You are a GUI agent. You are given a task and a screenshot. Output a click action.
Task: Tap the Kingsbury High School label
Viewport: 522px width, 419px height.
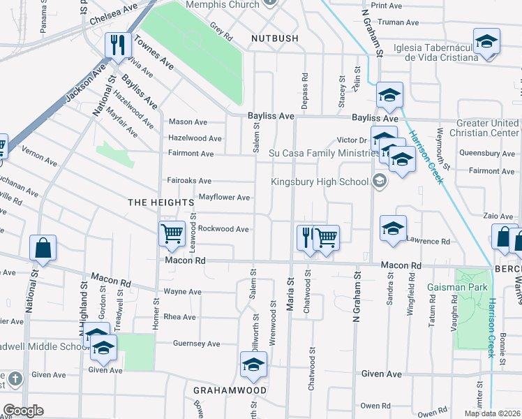(320, 182)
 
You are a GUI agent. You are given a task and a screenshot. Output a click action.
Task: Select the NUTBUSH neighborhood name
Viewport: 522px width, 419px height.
(275, 38)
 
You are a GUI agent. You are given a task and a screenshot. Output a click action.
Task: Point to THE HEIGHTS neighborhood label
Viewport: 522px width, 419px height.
(160, 202)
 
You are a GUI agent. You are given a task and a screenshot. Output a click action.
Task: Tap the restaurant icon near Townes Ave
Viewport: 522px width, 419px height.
(118, 46)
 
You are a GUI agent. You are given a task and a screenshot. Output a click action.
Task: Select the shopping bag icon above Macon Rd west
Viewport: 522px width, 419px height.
(43, 248)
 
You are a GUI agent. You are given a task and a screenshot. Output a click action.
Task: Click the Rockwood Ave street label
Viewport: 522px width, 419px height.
(223, 229)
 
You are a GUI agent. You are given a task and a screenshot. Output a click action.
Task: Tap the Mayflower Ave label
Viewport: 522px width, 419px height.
(224, 198)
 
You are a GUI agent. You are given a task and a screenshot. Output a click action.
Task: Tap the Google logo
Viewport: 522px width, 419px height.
(23, 411)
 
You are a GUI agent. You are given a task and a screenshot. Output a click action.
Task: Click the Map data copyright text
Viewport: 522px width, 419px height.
(493, 413)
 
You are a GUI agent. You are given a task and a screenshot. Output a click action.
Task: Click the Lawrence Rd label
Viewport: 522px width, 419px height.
(428, 241)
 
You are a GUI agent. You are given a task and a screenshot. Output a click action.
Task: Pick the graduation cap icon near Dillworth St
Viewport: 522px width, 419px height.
(253, 364)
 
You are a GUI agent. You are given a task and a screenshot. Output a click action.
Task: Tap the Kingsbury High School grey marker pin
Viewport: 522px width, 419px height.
(379, 182)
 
